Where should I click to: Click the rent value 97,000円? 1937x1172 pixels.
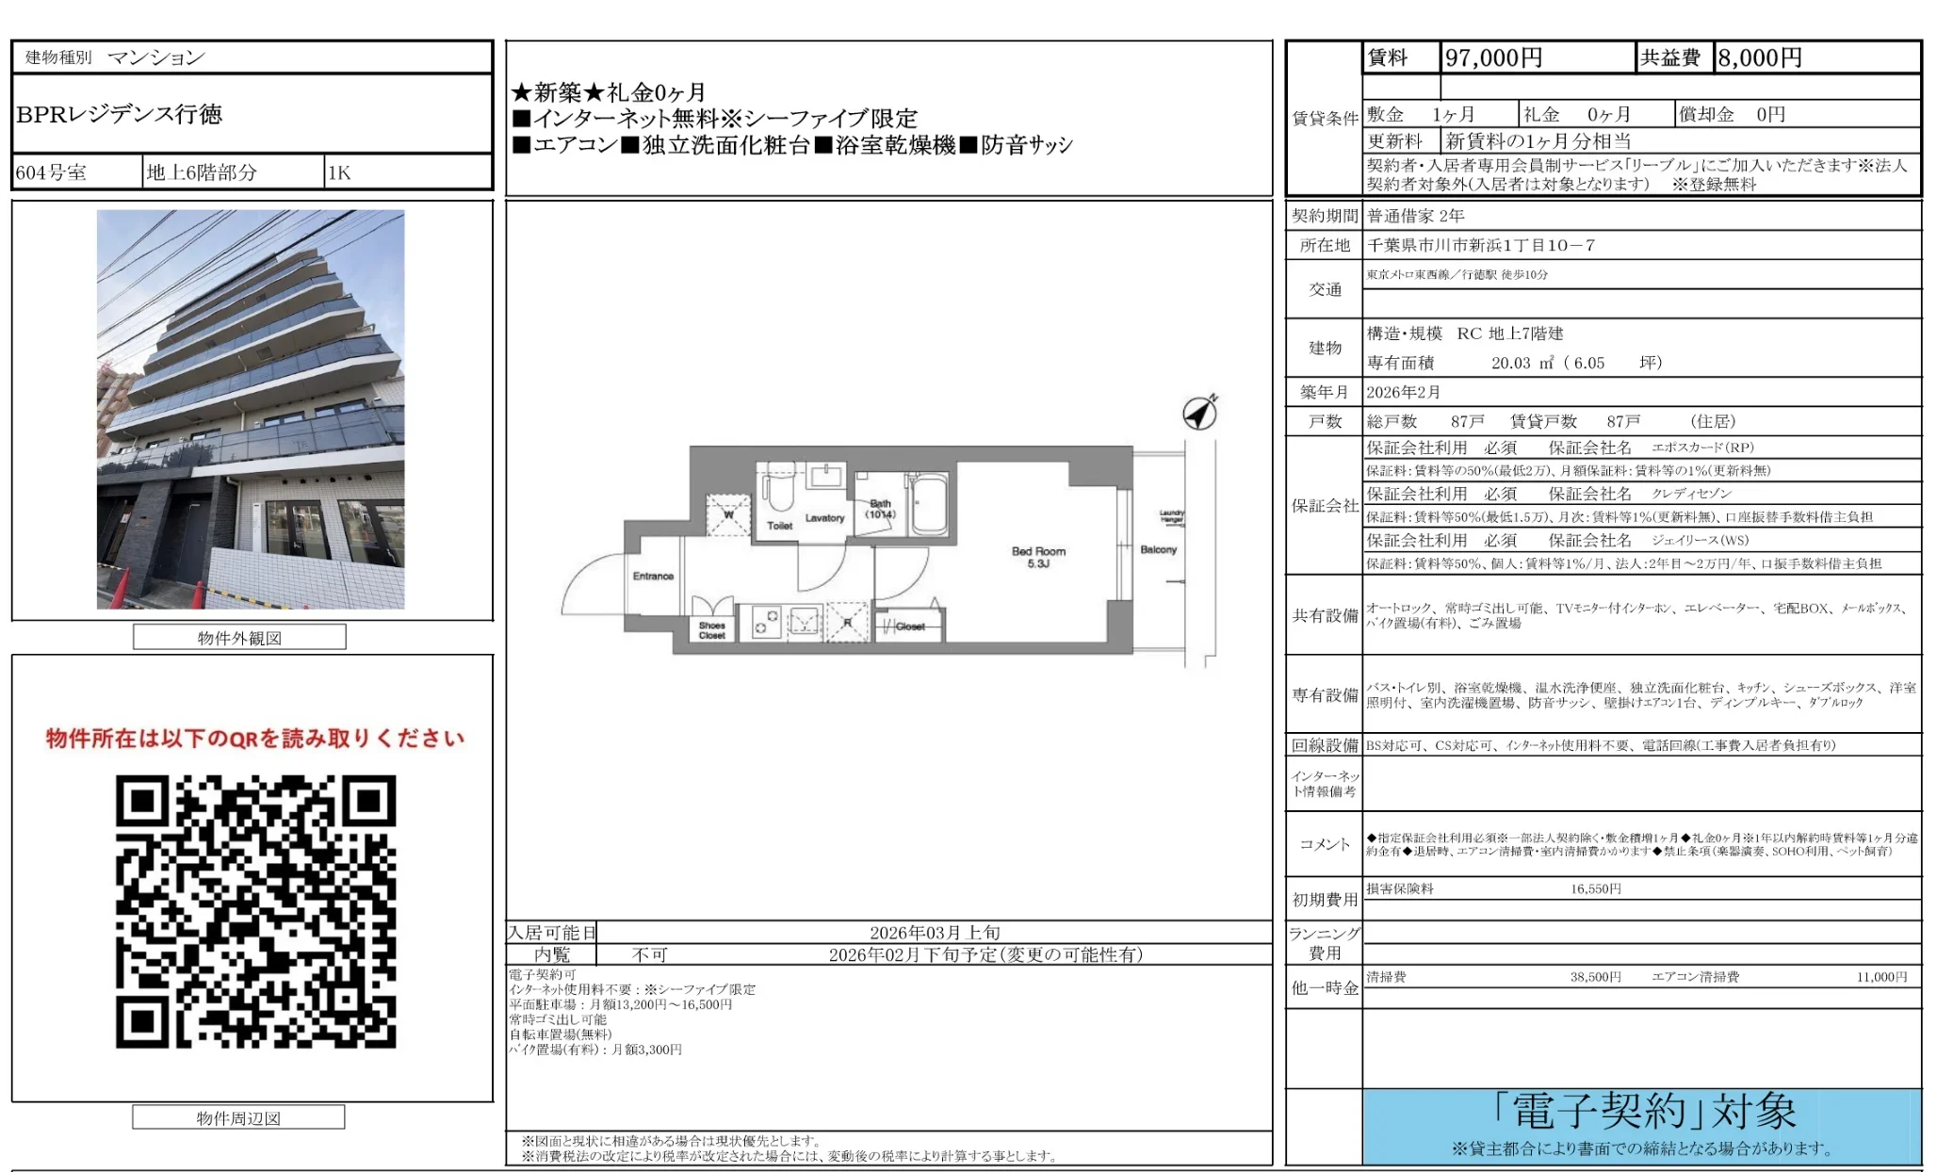coord(1493,58)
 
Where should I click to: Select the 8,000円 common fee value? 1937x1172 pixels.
coord(1759,58)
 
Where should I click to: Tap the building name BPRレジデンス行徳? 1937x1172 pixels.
coord(120,114)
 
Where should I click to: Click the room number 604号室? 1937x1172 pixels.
coord(52,172)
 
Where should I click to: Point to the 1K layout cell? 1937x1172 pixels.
coord(339,172)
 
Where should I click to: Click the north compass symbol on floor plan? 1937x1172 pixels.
coord(1200,413)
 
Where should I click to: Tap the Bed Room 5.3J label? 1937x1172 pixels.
coord(1038,557)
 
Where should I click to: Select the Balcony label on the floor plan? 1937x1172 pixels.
coord(1158,549)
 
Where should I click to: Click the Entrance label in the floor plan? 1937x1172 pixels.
coord(653,576)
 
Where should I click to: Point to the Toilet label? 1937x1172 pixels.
coord(779,526)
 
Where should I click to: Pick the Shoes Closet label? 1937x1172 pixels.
coord(712,630)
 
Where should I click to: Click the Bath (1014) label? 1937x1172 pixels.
coord(881,509)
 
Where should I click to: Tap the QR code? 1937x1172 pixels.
coord(255,911)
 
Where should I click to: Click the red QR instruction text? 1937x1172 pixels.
coord(255,738)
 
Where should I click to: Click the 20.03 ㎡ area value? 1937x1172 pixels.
coord(1522,363)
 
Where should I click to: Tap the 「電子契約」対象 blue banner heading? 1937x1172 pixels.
coord(1644,1112)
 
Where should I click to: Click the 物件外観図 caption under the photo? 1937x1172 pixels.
coord(239,638)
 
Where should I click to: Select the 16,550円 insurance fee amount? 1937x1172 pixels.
coord(1595,888)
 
